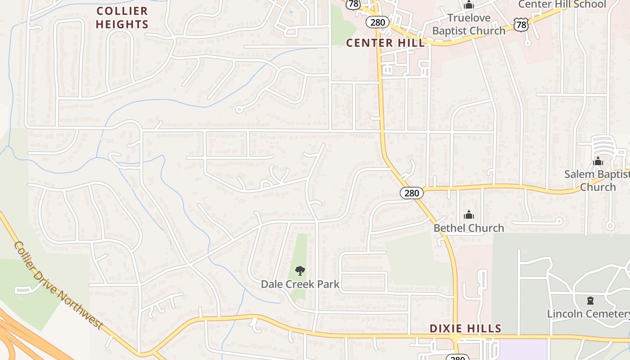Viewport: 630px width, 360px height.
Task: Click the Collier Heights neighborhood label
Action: tap(122, 17)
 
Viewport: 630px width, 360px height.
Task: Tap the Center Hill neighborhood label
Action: tap(385, 43)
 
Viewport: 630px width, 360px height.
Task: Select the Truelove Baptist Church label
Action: tap(469, 24)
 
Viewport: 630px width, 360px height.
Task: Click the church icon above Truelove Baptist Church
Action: tap(469, 5)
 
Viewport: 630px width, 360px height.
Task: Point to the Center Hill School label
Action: tap(562, 4)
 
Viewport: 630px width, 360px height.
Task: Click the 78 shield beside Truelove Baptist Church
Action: tap(521, 25)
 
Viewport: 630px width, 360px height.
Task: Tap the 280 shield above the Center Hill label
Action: tap(377, 22)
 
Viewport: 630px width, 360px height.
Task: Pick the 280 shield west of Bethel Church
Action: tap(411, 193)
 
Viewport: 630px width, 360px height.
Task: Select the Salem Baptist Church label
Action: tap(598, 180)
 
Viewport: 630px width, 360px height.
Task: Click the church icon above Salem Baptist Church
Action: tap(598, 161)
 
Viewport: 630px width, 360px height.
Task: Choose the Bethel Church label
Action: tap(468, 228)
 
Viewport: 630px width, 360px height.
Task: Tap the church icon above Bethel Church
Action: tap(469, 215)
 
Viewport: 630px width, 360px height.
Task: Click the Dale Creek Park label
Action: tap(300, 284)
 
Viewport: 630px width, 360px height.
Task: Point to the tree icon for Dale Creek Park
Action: tap(300, 271)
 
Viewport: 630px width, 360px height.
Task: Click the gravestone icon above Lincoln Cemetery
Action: tap(590, 300)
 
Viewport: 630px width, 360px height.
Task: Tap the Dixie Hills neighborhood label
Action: tap(465, 328)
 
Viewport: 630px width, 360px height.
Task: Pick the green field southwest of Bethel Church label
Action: tap(418, 261)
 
